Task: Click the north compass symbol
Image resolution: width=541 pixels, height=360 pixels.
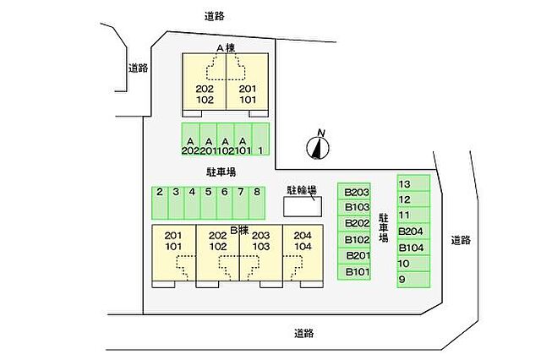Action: point(318,147)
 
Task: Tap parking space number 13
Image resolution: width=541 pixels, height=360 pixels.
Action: point(413,183)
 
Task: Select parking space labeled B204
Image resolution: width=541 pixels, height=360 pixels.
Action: point(413,231)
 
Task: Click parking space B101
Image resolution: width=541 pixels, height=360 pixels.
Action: point(354,271)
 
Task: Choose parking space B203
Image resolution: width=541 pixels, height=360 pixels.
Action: point(354,191)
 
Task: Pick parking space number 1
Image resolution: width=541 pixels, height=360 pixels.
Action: point(260,139)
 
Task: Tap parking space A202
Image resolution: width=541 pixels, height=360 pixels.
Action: point(190,139)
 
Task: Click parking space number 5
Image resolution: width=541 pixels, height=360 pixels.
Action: point(209,203)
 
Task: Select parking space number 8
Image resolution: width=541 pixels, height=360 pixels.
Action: point(257,203)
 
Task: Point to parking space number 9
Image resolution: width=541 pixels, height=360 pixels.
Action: point(413,280)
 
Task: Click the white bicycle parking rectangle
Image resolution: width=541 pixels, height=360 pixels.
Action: point(303,206)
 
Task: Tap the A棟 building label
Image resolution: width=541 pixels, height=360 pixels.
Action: point(226,48)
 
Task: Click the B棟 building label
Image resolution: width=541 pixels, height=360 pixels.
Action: point(239,230)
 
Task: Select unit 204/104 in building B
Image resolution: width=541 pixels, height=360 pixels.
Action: point(303,254)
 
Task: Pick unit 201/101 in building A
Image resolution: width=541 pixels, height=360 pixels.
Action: point(248,81)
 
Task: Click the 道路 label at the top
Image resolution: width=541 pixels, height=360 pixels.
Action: point(214,16)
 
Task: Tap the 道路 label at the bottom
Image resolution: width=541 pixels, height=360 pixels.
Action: point(304,333)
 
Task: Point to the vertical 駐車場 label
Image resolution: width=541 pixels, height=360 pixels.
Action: point(383,227)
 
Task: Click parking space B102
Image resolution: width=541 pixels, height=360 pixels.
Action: point(354,239)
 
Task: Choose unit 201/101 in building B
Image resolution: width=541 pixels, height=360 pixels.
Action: point(174,254)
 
